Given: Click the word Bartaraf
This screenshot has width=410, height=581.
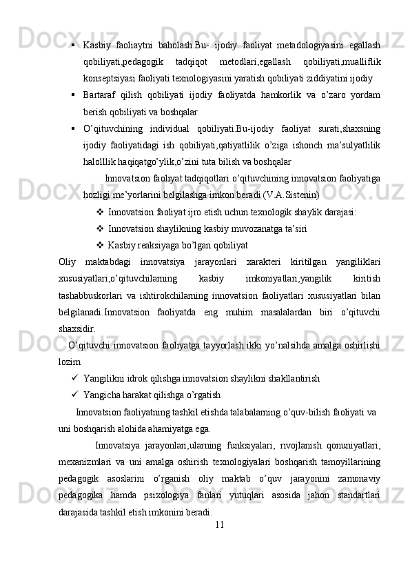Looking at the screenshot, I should [x=101, y=95].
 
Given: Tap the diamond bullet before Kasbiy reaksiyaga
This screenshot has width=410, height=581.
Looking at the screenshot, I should [x=101, y=245].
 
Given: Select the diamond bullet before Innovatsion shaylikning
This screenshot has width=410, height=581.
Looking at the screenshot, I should [x=101, y=228].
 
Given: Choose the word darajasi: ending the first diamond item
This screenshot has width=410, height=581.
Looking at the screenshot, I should [x=338, y=212].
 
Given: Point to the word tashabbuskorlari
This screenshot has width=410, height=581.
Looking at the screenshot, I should [x=89, y=295].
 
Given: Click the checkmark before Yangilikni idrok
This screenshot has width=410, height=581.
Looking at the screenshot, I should [x=73, y=378].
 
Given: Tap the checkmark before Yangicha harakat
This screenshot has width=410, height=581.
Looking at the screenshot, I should [x=73, y=395].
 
